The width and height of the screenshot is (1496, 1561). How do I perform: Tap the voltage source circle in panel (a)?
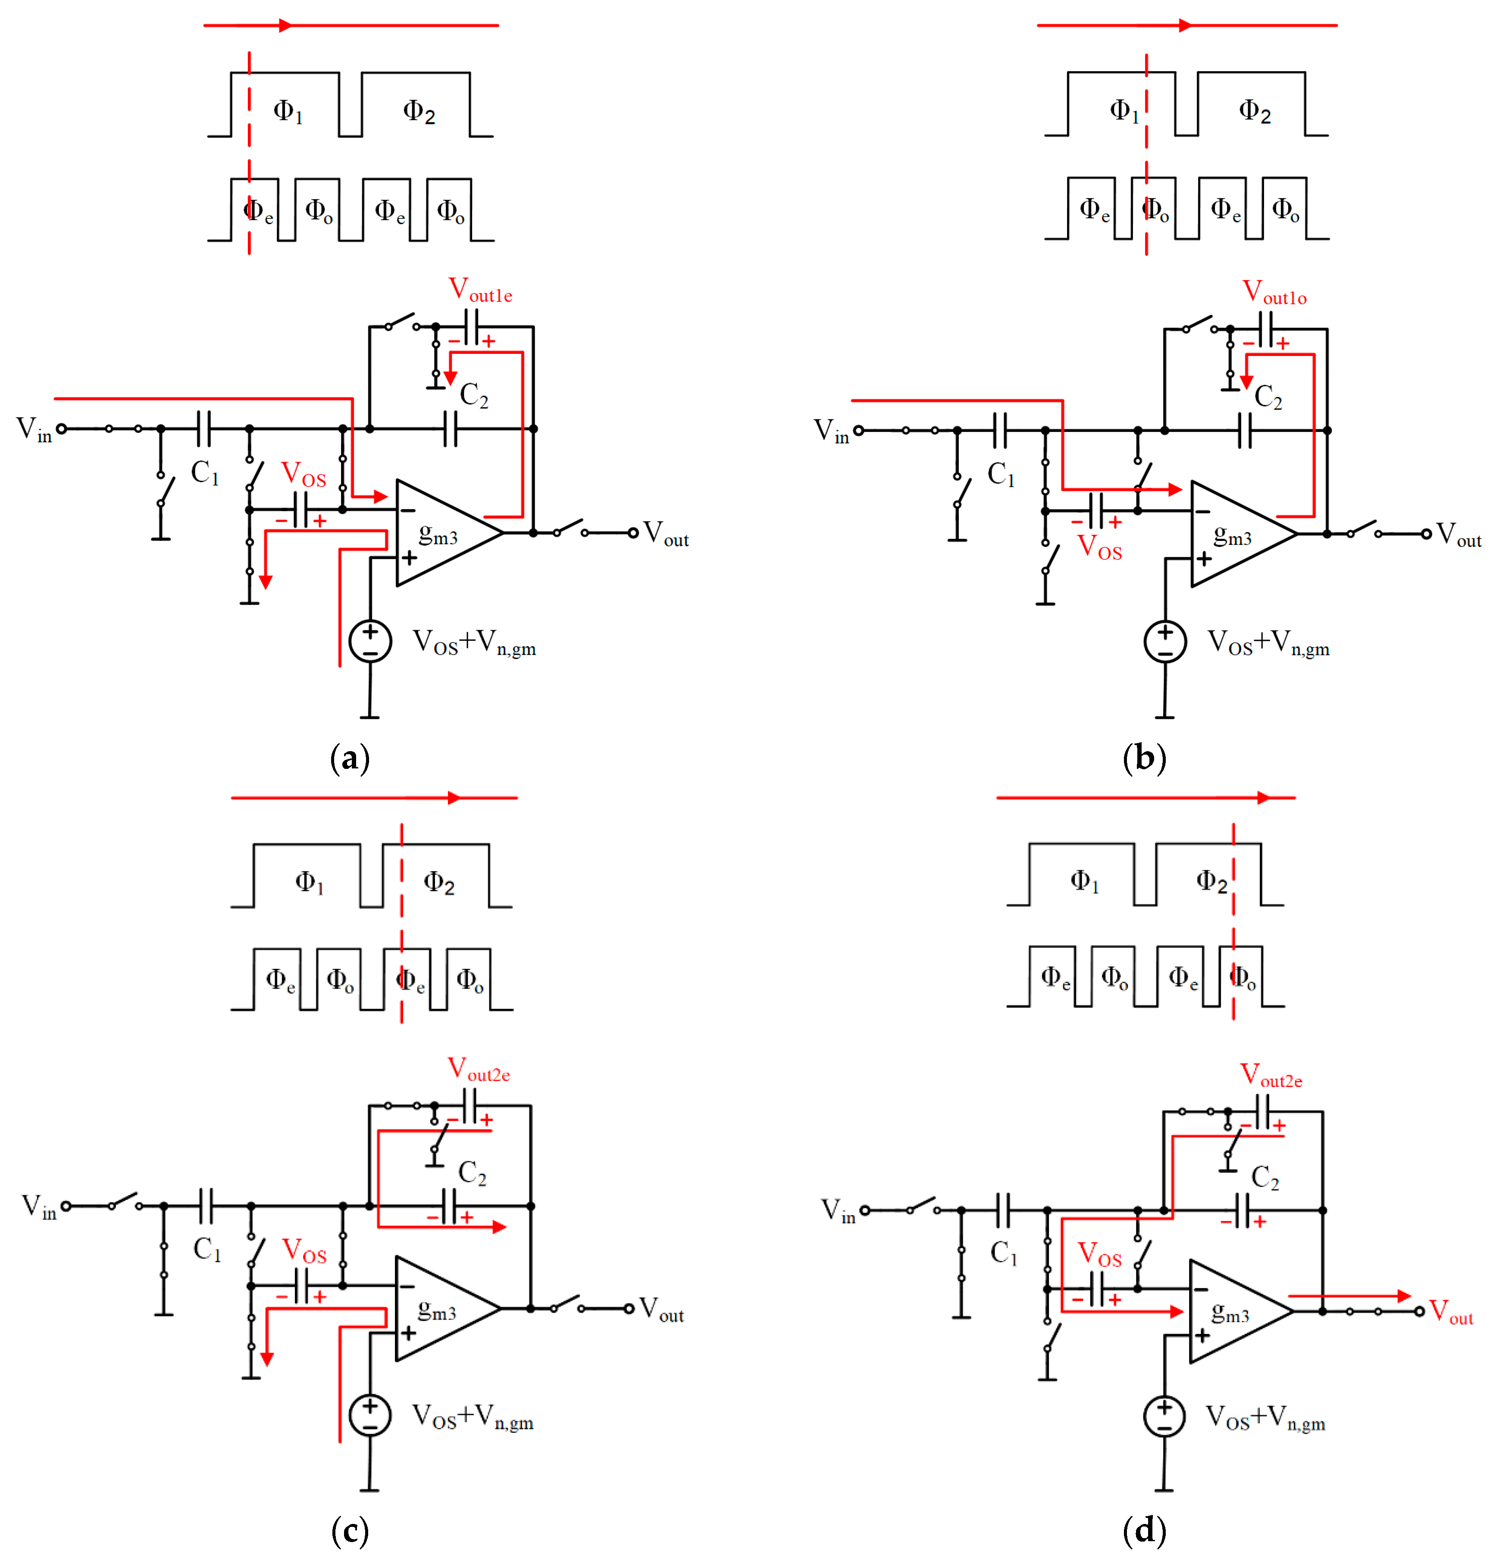click(370, 641)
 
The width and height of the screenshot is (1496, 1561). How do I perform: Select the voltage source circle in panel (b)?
click(1164, 642)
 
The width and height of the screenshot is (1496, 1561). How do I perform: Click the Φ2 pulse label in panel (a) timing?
click(419, 112)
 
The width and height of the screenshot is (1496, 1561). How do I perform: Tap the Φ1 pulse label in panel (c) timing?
click(309, 882)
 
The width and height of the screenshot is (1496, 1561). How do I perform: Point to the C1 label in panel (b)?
click(1002, 474)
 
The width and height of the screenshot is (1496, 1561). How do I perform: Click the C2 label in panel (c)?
click(473, 1172)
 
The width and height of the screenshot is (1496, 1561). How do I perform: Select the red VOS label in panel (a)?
click(304, 475)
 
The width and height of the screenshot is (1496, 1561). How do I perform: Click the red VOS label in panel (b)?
click(1099, 547)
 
